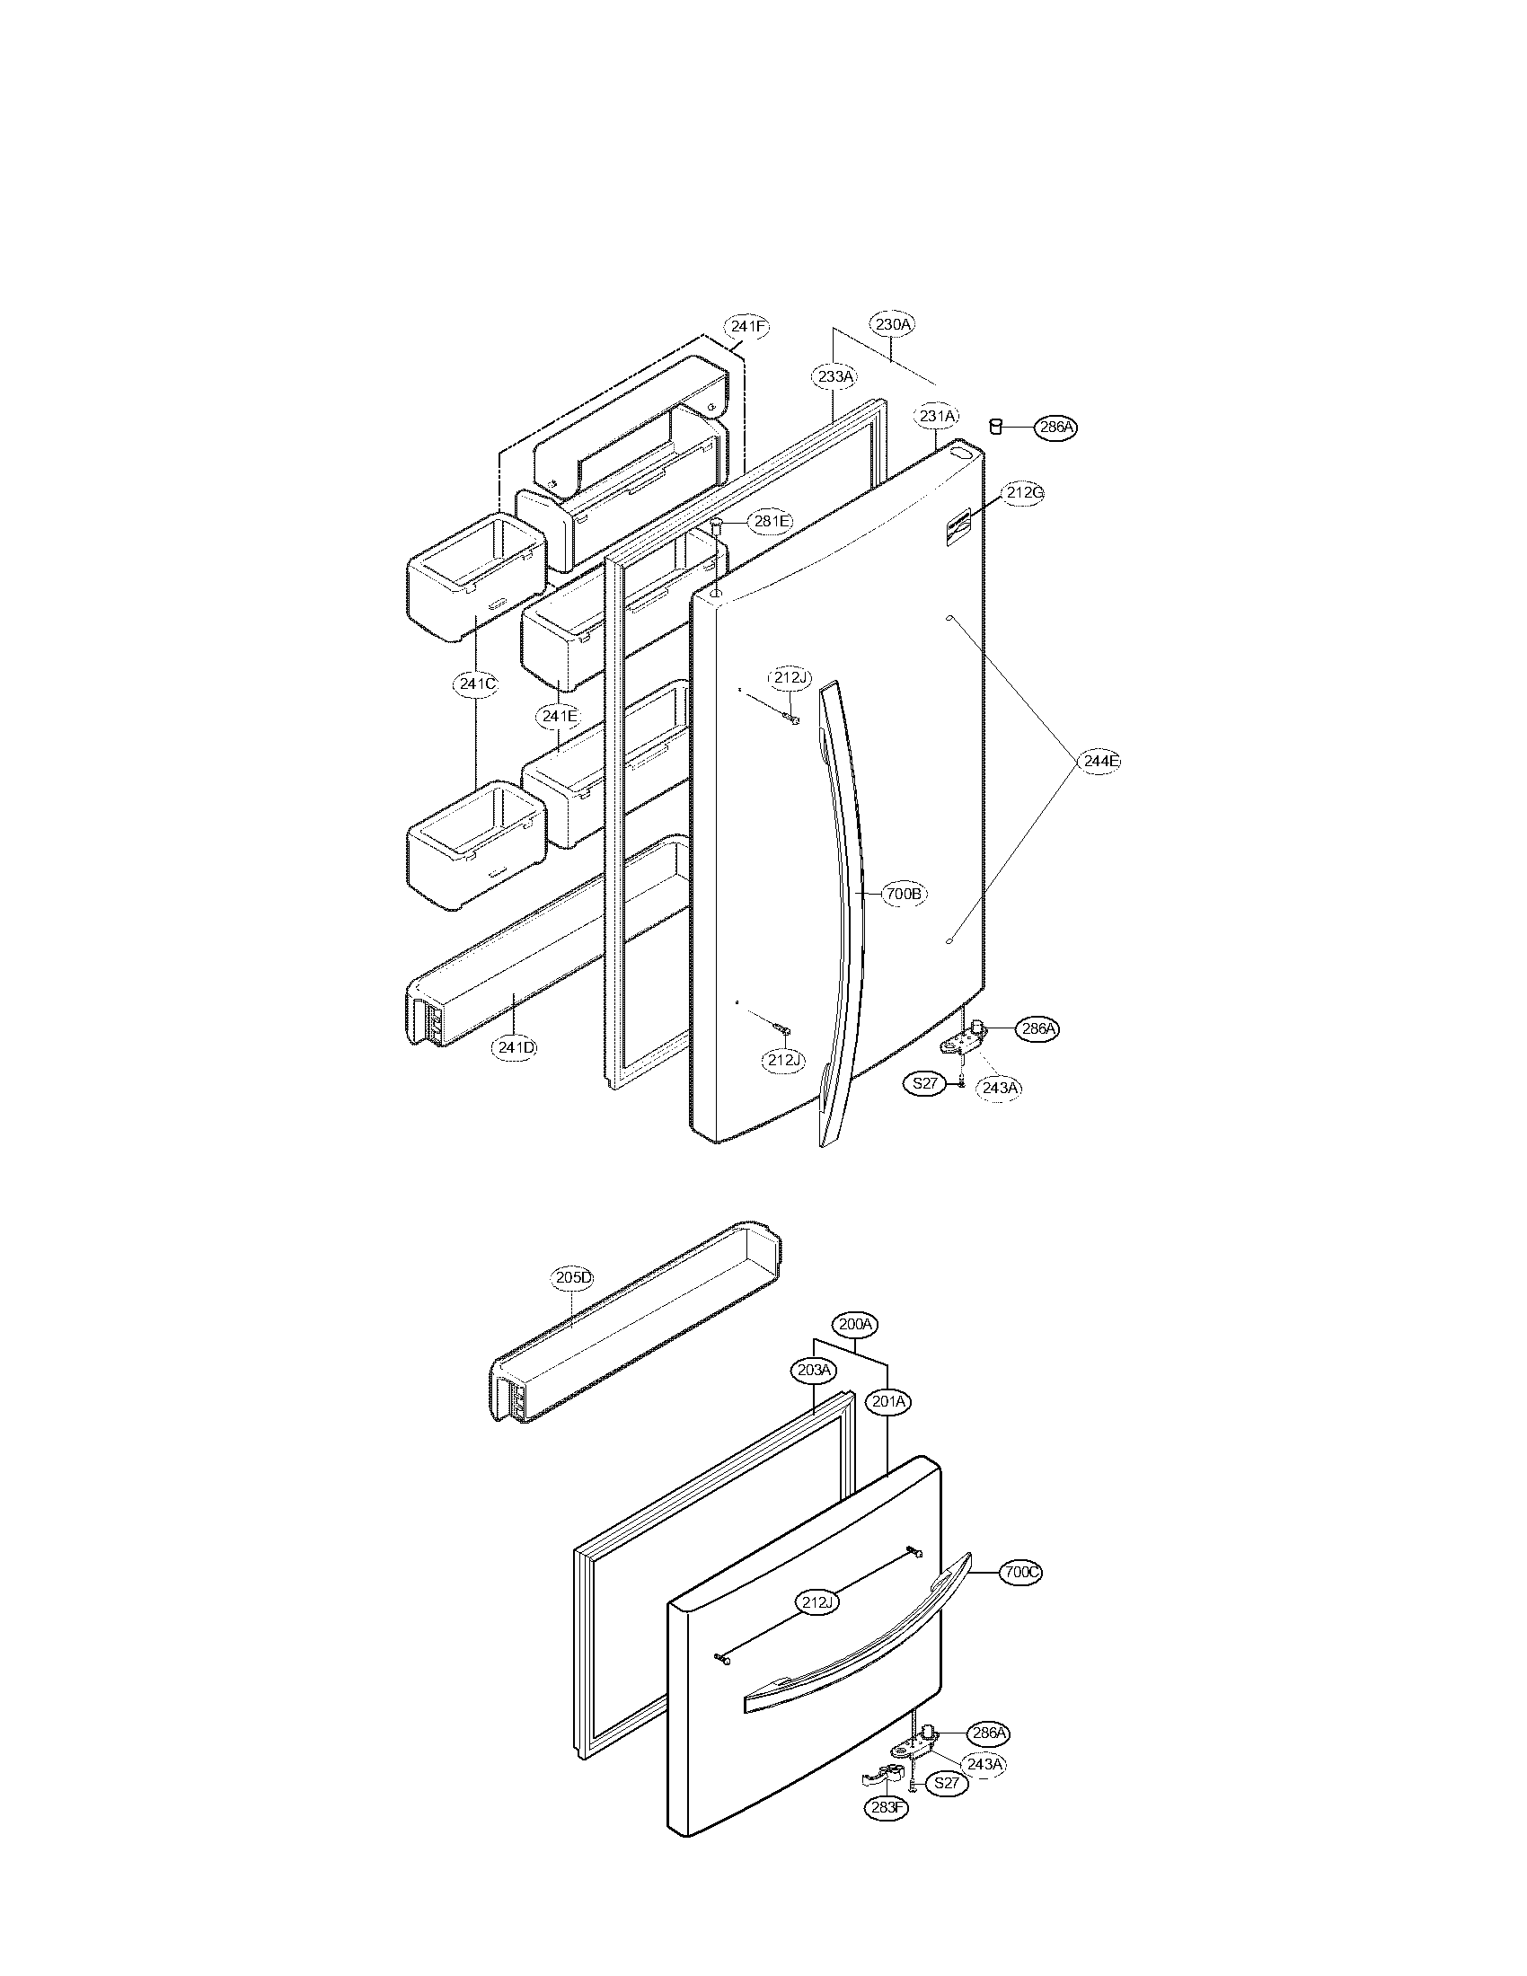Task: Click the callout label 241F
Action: click(x=747, y=327)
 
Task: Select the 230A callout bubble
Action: click(x=892, y=323)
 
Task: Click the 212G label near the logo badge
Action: click(x=1024, y=493)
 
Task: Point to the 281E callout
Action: click(x=771, y=521)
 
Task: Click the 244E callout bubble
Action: click(x=1100, y=762)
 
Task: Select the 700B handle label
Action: click(x=904, y=894)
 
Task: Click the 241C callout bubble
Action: click(x=476, y=684)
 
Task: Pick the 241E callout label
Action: click(x=558, y=716)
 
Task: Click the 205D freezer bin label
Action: click(x=573, y=1277)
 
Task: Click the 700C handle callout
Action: click(x=1021, y=1573)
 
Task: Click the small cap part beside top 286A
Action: click(x=995, y=425)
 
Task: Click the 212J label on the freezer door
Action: click(x=817, y=1603)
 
